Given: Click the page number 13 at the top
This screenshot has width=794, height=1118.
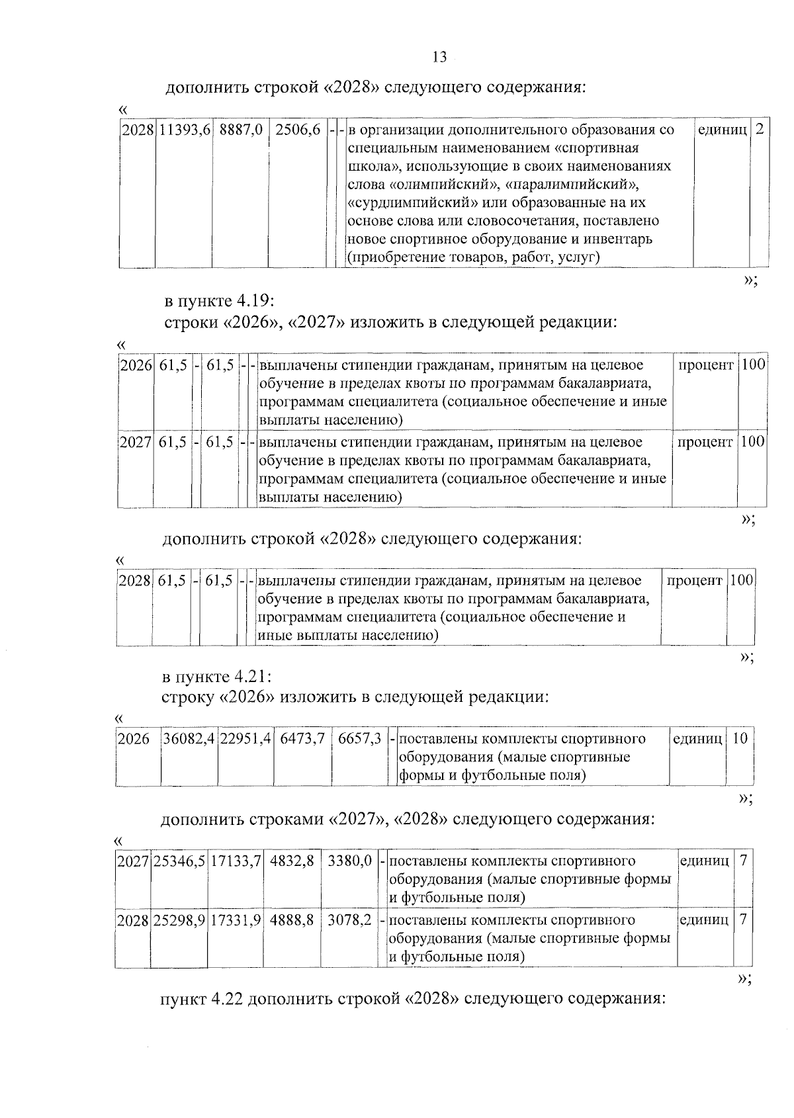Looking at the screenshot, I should (x=439, y=57).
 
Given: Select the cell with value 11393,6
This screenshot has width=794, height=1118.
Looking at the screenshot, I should (x=184, y=130).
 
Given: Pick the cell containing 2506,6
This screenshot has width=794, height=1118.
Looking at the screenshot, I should (x=298, y=130).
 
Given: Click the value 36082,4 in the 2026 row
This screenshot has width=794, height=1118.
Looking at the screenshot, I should (x=189, y=738).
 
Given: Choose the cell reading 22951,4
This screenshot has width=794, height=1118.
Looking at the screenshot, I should (x=246, y=738).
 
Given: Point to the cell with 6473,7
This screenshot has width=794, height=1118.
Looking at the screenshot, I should (x=302, y=738).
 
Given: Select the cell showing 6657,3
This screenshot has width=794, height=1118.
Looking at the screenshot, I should (x=359, y=738).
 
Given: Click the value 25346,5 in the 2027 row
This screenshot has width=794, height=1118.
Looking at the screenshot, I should (x=180, y=861).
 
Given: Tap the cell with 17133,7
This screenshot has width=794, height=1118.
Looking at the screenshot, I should (x=236, y=861).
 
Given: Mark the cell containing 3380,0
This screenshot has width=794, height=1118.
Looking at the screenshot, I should (x=349, y=861).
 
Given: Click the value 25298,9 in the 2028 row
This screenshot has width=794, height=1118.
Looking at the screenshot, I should (x=180, y=920).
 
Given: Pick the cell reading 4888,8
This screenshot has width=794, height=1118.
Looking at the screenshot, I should (x=292, y=920).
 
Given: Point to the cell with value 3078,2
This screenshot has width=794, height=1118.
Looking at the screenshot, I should (x=349, y=920).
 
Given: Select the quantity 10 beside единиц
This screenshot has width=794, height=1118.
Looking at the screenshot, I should (x=740, y=738).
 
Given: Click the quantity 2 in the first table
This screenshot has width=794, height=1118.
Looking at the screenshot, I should (x=759, y=130).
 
